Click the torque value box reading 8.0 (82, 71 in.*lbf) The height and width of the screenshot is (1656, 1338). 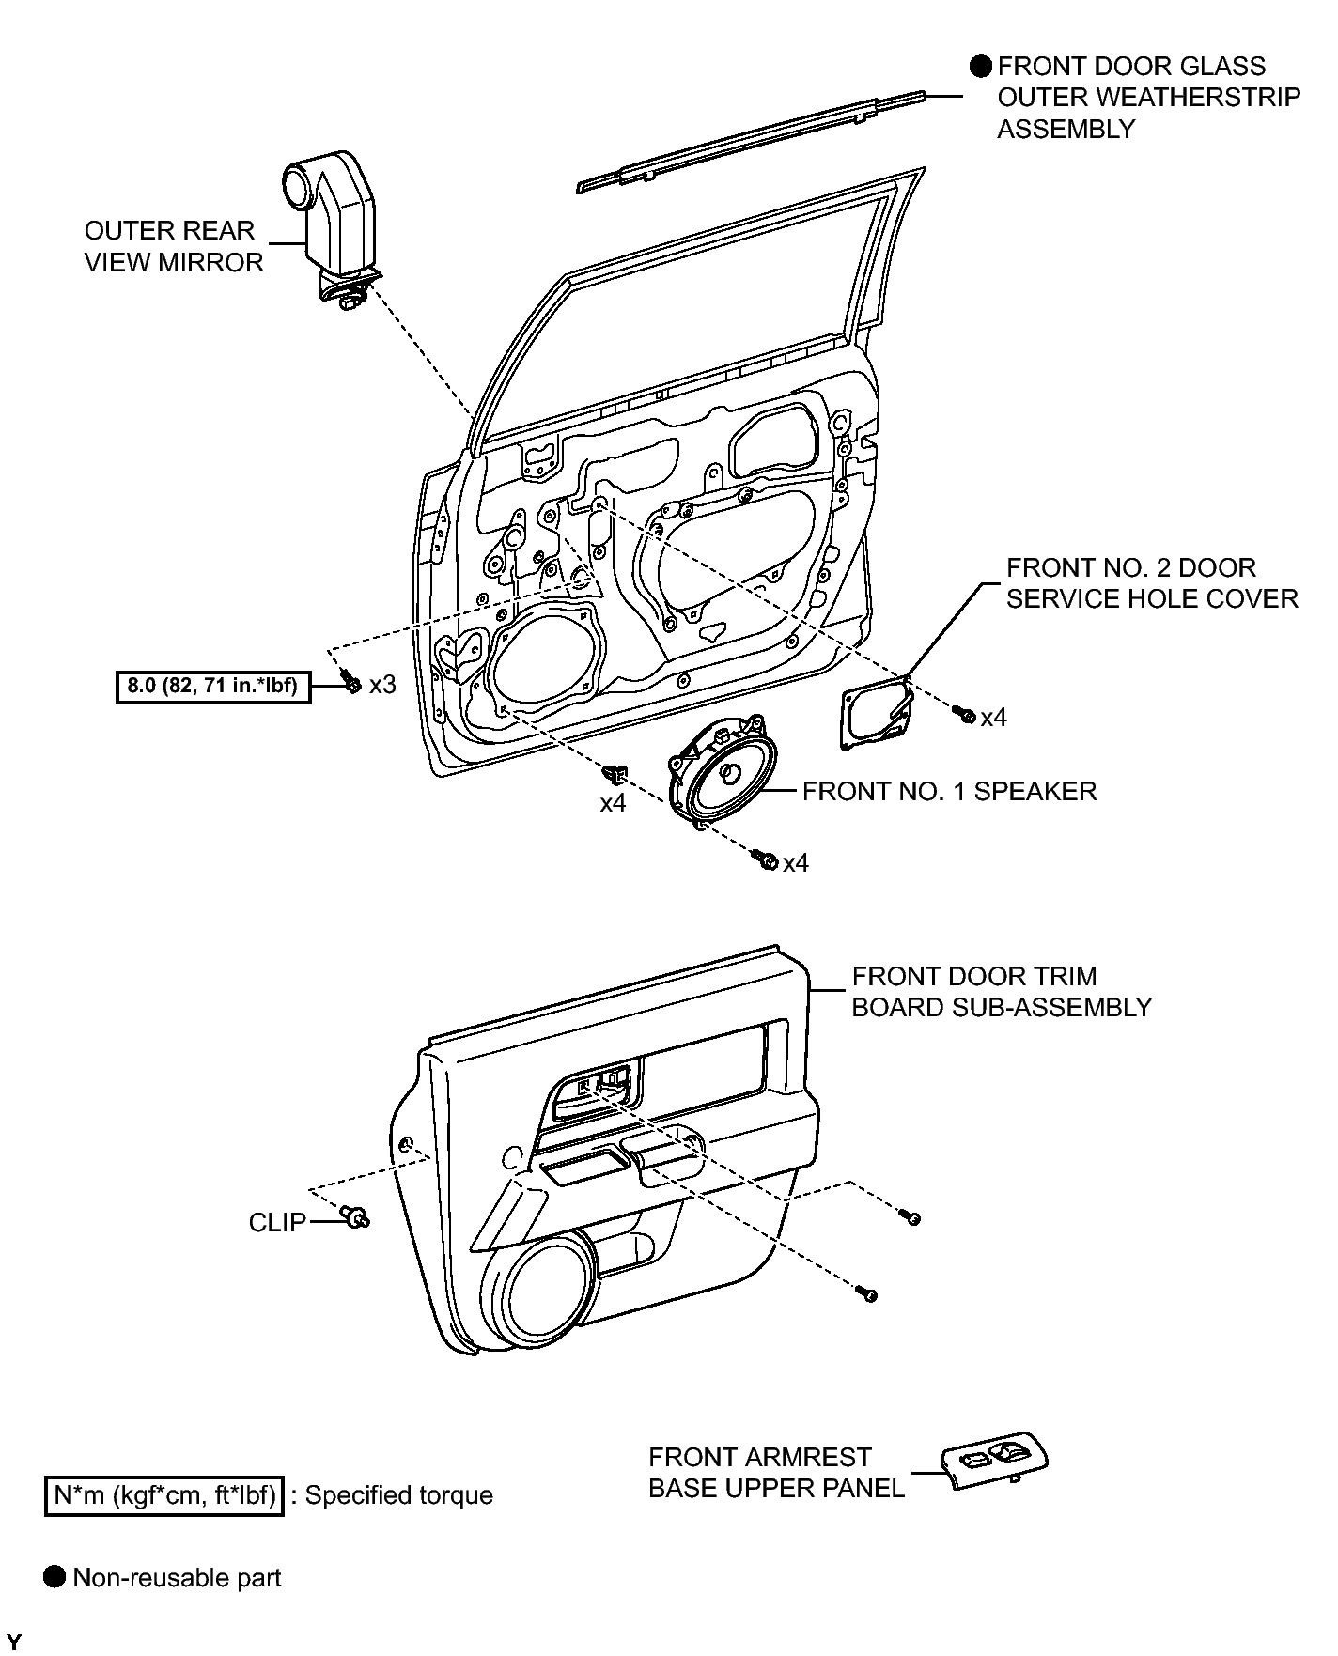(x=212, y=686)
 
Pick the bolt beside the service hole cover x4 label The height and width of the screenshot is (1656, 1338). (x=964, y=716)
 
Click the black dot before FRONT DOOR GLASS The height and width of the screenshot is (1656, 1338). (x=982, y=67)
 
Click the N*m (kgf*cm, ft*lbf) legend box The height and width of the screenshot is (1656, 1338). (x=163, y=1494)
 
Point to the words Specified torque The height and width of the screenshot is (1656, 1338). (x=398, y=1495)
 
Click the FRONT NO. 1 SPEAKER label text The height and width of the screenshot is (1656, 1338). (x=949, y=791)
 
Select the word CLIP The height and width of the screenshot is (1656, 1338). (x=278, y=1222)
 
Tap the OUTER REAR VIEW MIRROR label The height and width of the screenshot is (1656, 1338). (x=174, y=246)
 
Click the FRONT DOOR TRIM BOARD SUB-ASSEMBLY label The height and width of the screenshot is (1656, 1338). (x=1002, y=991)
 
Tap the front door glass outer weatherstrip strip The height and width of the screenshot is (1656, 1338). (x=752, y=141)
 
